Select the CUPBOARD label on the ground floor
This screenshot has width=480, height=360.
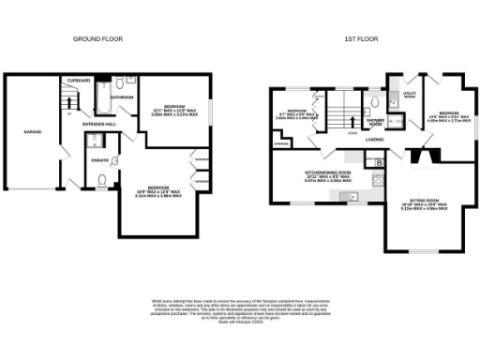tap(79, 81)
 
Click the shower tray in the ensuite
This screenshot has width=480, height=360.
tap(95, 142)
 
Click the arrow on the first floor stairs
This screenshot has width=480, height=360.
tap(351, 119)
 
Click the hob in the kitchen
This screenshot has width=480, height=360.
tap(378, 178)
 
